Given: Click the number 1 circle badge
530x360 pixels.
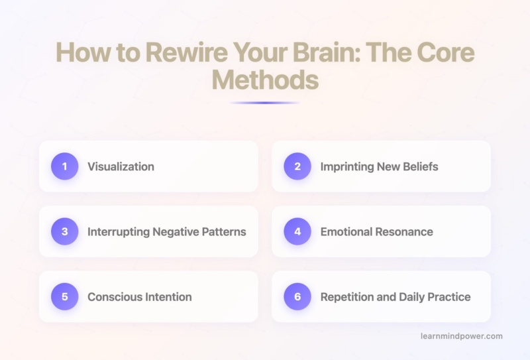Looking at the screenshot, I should (x=64, y=166).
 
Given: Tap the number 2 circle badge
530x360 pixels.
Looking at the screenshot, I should (x=297, y=166).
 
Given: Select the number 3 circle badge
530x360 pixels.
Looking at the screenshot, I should (x=64, y=231).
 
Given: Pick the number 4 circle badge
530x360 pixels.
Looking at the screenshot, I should (x=297, y=231).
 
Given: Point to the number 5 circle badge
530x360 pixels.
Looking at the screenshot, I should (x=64, y=296).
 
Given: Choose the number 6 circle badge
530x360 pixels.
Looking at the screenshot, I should (x=297, y=296).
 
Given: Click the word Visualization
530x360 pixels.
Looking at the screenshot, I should (x=121, y=166).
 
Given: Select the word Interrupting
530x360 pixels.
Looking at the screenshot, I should (x=119, y=231).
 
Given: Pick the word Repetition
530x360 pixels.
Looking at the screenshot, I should (x=345, y=296).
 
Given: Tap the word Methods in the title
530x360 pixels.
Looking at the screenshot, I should (x=264, y=82).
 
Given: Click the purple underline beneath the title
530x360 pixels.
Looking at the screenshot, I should (x=264, y=103).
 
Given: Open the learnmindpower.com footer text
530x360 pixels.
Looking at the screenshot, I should (x=461, y=336).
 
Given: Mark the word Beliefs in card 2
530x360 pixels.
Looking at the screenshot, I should (x=418, y=166).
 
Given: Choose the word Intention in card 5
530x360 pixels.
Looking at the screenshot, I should (x=167, y=296).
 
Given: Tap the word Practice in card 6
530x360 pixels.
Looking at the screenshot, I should (x=447, y=296).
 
